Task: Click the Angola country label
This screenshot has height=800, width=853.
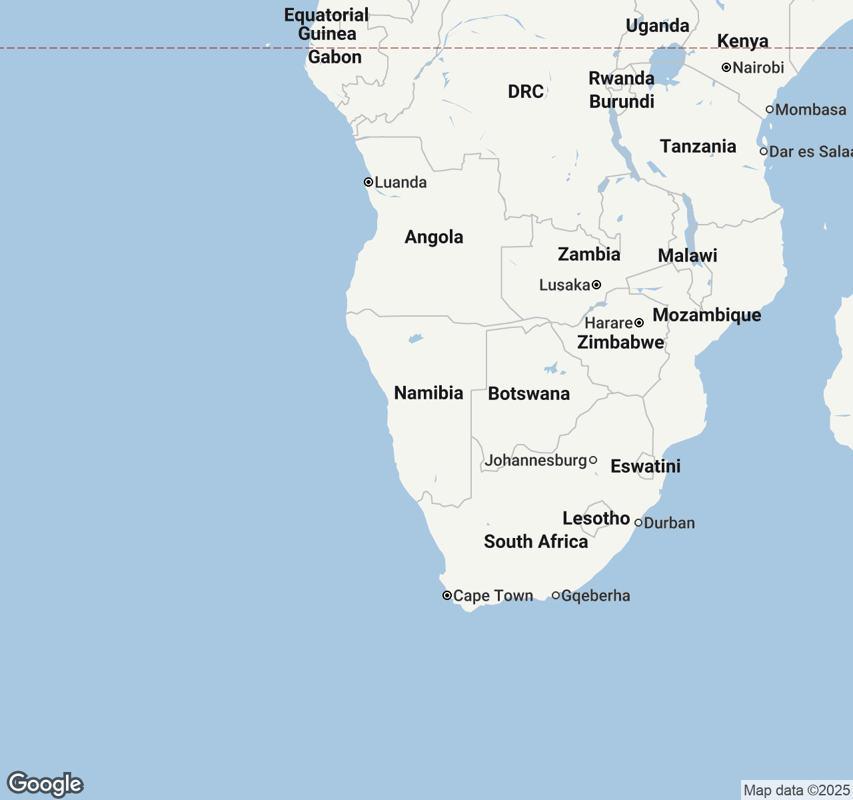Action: pyautogui.click(x=434, y=237)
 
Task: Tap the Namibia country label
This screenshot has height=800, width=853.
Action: pyautogui.click(x=428, y=393)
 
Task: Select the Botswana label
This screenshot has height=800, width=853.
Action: pyautogui.click(x=528, y=394)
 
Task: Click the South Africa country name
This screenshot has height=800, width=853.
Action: pyautogui.click(x=536, y=541)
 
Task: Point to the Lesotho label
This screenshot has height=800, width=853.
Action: pyautogui.click(x=596, y=518)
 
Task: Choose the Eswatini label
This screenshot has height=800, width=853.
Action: pyautogui.click(x=645, y=466)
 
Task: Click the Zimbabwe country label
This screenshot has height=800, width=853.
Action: pyautogui.click(x=620, y=342)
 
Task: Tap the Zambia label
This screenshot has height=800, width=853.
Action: pyautogui.click(x=588, y=254)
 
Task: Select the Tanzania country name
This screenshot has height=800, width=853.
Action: pyautogui.click(x=698, y=147)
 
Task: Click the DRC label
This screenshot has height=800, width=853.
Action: pyautogui.click(x=526, y=91)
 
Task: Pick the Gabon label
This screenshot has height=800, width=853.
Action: pyautogui.click(x=335, y=57)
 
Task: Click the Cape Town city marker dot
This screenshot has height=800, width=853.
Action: pyautogui.click(x=447, y=595)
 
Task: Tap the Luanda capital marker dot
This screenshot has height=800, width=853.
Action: pyautogui.click(x=368, y=182)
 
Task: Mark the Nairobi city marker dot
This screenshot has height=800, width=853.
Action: pyautogui.click(x=726, y=67)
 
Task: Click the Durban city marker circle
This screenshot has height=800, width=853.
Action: pyautogui.click(x=638, y=523)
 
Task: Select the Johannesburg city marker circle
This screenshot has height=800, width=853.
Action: pyautogui.click(x=593, y=460)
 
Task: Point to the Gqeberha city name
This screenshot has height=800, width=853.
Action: pyautogui.click(x=595, y=596)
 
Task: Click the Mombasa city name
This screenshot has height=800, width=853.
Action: pyautogui.click(x=810, y=110)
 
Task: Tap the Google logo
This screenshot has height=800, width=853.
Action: pyautogui.click(x=45, y=784)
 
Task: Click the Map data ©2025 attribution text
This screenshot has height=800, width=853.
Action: pyautogui.click(x=796, y=791)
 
